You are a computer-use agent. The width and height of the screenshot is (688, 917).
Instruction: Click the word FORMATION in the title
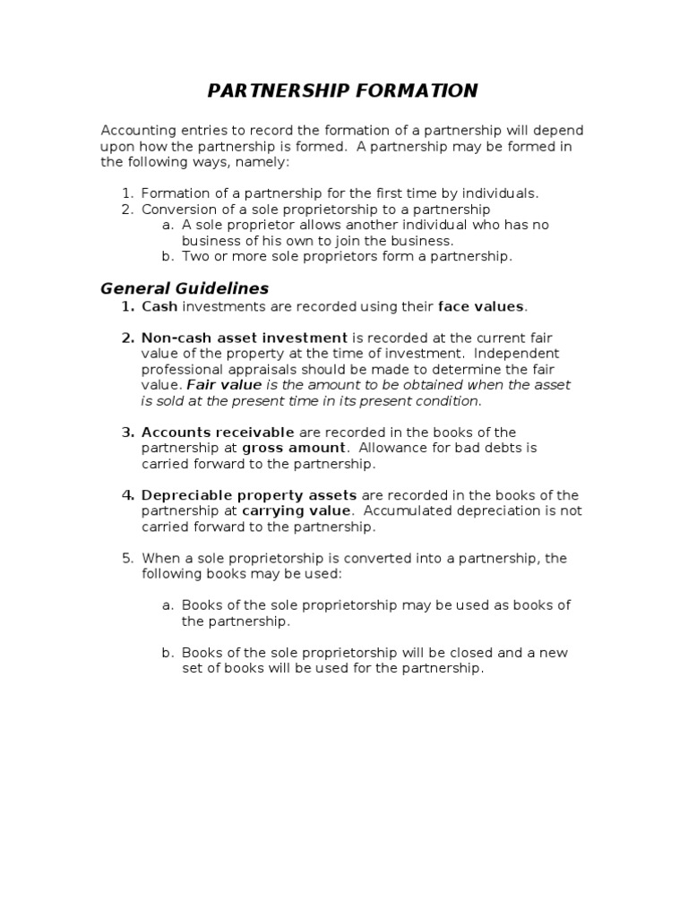(422, 90)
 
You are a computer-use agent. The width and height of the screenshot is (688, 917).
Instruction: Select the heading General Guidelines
(185, 288)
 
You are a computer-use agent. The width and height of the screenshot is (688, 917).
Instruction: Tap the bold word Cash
(160, 306)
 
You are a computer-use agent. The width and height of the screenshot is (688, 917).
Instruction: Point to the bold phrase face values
(480, 306)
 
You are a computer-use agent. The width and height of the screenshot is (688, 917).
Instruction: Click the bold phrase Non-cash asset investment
(245, 338)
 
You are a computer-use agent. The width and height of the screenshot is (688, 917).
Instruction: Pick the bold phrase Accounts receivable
(218, 433)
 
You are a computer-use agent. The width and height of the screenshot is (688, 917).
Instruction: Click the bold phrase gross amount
(294, 448)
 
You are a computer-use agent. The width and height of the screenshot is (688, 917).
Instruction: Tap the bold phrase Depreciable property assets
(249, 495)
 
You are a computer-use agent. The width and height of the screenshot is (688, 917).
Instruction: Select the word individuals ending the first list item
(505, 193)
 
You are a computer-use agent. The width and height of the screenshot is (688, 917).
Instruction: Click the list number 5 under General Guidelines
(126, 558)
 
